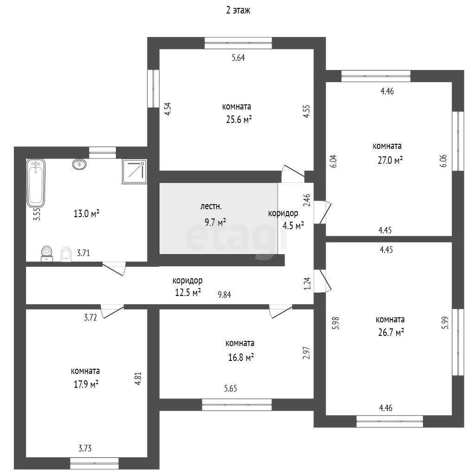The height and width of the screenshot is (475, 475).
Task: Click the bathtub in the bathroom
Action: [36, 183]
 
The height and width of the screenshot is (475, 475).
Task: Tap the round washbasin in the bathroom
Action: [79, 164]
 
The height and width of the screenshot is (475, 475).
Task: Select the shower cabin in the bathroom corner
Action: [135, 172]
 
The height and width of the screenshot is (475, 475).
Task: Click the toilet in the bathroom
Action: [47, 254]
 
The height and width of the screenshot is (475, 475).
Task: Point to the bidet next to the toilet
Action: [66, 255]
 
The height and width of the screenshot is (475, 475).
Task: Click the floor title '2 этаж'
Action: [238, 10]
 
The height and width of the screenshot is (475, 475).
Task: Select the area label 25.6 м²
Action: [239, 120]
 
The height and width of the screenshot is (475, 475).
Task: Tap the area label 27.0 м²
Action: [390, 160]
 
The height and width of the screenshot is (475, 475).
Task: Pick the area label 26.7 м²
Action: [391, 333]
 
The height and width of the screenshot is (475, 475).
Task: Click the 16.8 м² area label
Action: [241, 358]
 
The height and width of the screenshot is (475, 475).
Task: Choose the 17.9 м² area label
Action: [86, 385]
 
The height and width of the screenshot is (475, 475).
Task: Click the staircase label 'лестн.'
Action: [211, 206]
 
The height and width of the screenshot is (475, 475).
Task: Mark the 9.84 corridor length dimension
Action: [225, 295]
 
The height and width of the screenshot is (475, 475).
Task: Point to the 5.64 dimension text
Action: [238, 58]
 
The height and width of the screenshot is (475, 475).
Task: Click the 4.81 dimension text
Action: [138, 379]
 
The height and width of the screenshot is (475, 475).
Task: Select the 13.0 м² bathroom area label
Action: [87, 214]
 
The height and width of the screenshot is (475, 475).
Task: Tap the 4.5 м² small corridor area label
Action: [293, 226]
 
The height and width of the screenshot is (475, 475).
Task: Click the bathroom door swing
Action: [114, 268]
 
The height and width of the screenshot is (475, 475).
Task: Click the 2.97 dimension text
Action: [307, 353]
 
